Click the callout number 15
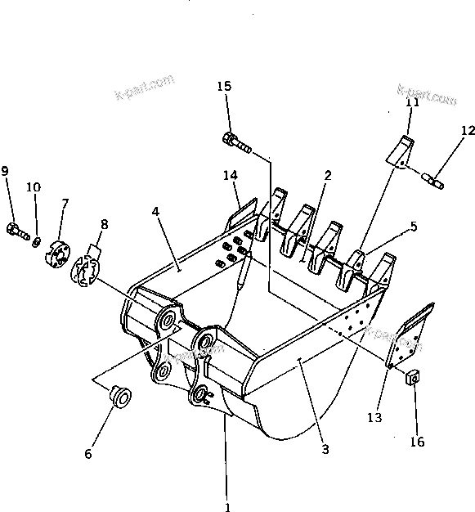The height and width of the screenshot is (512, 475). (225, 87)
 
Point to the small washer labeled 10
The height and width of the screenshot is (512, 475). (37, 240)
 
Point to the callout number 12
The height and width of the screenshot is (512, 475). (467, 130)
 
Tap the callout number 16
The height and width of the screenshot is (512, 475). (417, 442)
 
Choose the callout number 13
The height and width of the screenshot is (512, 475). (374, 417)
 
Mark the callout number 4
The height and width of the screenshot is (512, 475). (155, 212)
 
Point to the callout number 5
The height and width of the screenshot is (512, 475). (414, 227)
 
